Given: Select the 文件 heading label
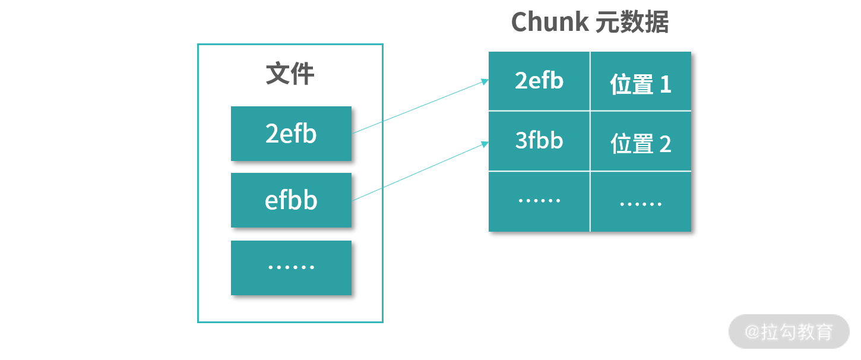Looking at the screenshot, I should (290, 74).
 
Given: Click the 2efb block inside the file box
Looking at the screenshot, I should (291, 134).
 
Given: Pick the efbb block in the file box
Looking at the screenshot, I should (291, 200).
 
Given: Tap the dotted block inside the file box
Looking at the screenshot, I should (291, 267).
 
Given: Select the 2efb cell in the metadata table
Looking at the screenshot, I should (539, 81).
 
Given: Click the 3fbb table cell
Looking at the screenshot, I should (539, 141).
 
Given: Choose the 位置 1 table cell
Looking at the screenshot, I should (641, 84).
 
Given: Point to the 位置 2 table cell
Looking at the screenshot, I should (641, 144).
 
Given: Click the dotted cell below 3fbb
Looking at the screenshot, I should (539, 201).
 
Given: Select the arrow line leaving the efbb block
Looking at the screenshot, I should (416, 172).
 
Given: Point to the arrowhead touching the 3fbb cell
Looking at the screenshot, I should (485, 144).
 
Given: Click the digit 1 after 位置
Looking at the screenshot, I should (665, 85).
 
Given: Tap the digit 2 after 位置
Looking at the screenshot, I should (665, 144).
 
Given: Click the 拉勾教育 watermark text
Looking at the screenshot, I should (797, 331).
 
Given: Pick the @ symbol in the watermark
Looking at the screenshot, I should (752, 331).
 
